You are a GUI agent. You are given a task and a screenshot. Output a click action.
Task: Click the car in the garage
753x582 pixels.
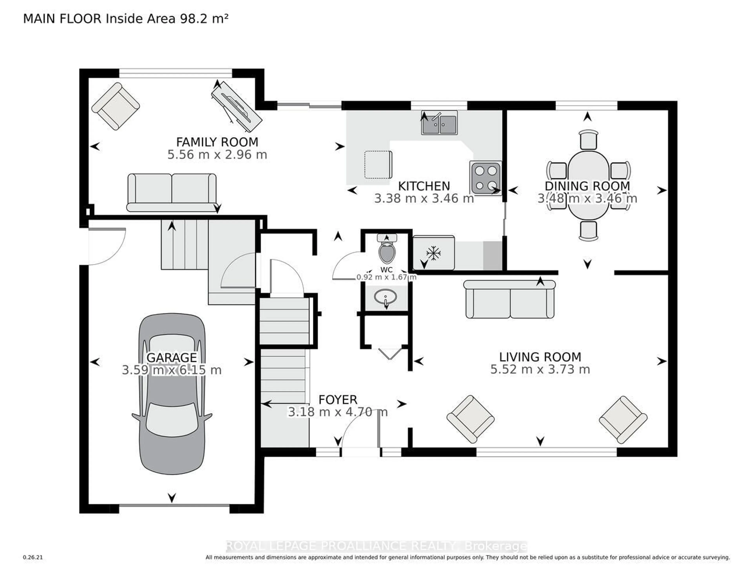(172, 393)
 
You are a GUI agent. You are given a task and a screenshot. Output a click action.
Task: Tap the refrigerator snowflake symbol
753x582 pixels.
(433, 253)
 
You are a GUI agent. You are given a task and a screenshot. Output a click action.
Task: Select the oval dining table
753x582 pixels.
(588, 185)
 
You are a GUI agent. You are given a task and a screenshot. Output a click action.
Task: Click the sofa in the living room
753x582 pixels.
(510, 299)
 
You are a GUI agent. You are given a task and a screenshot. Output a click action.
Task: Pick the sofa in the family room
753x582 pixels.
(172, 192)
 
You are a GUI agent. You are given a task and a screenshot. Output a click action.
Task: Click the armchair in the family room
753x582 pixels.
(115, 106)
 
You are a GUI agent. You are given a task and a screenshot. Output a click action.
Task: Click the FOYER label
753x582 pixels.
(337, 400)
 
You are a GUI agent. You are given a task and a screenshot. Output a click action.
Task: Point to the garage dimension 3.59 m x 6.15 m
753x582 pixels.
(171, 370)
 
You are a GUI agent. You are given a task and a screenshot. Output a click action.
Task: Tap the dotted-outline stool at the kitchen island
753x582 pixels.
(378, 165)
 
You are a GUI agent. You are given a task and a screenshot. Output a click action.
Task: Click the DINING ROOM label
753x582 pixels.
(587, 186)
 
